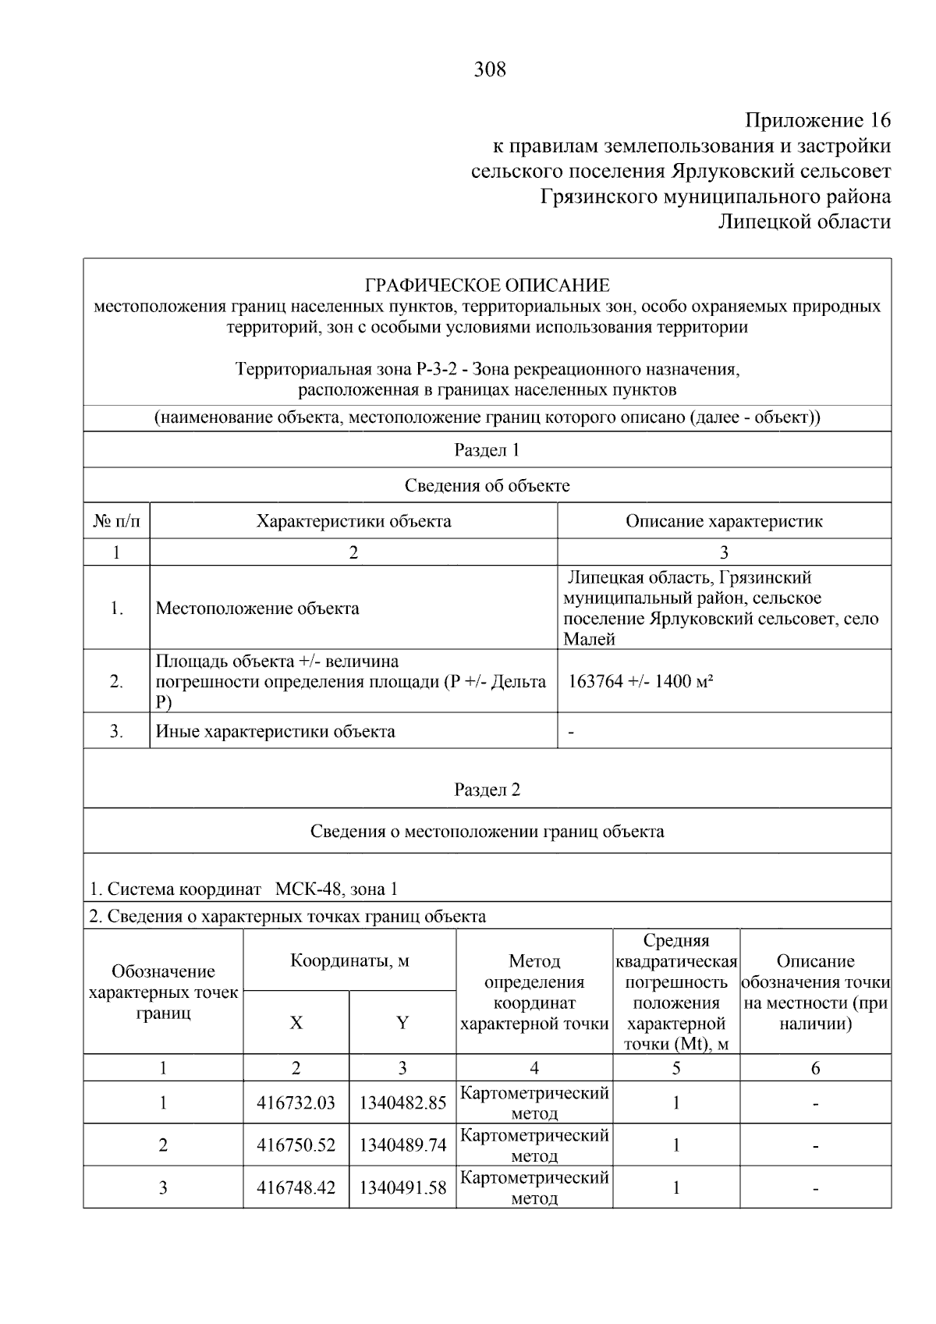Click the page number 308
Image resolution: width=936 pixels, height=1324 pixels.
[490, 70]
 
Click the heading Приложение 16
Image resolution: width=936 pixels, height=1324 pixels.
[817, 121]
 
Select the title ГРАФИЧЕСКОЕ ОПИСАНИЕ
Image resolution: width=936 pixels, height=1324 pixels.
[487, 285]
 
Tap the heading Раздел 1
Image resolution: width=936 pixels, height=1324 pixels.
[487, 450]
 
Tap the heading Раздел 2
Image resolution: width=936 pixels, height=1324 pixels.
[487, 790]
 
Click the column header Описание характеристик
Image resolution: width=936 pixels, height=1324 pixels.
[723, 521]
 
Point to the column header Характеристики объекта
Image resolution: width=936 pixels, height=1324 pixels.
[353, 521]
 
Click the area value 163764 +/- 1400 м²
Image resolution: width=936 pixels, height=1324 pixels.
[641, 681]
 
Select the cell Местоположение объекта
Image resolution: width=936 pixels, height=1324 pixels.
[257, 608]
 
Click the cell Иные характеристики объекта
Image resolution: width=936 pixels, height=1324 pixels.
[275, 732]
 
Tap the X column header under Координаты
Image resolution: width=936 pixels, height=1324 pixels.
[296, 1023]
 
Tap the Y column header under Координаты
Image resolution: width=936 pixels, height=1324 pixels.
[402, 1023]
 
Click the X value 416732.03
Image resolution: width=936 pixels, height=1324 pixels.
[296, 1103]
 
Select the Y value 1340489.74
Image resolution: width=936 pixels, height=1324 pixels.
[402, 1145]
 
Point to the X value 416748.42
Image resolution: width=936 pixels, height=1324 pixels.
[296, 1188]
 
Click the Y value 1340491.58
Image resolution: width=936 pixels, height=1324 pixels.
[402, 1188]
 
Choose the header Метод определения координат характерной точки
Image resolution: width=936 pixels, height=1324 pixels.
[534, 992]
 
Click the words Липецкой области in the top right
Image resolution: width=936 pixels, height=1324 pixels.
[803, 222]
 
